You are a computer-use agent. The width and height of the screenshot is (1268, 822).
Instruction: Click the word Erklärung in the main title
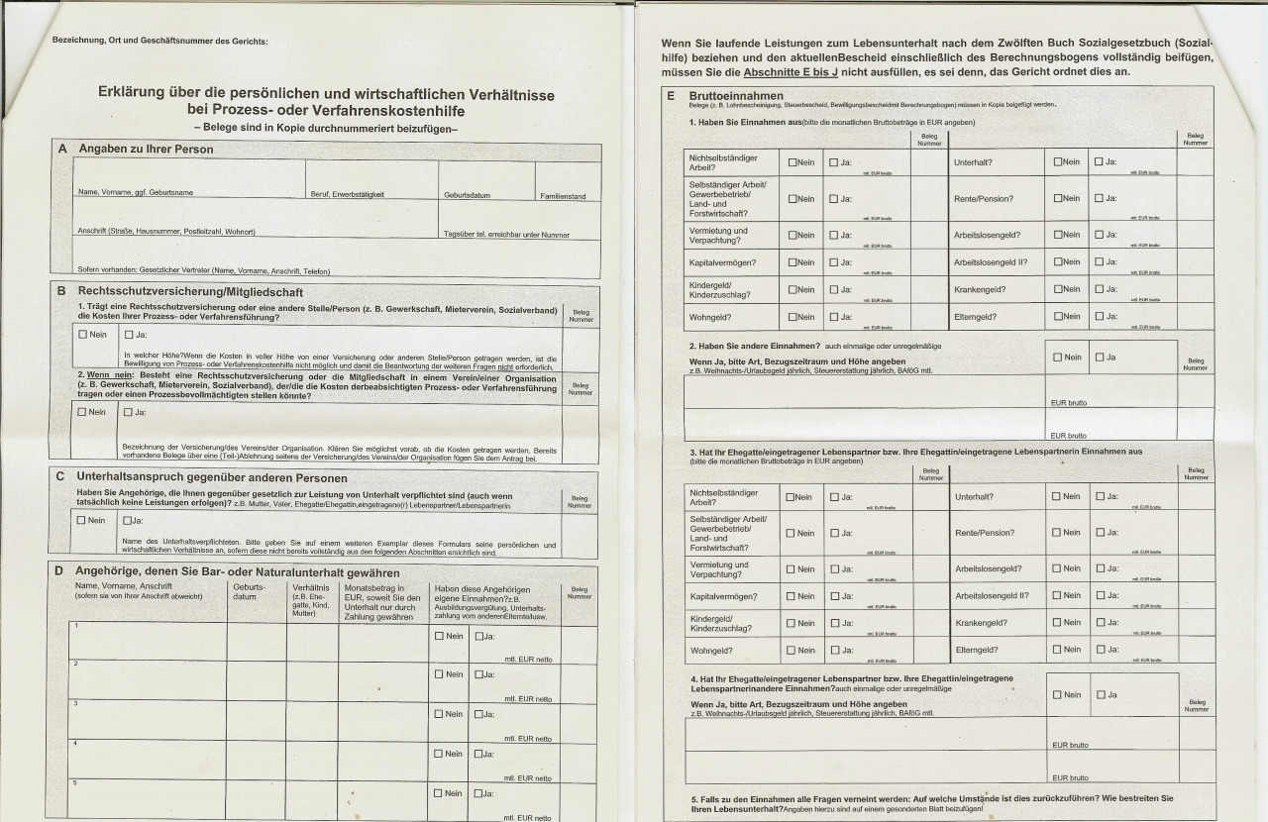136,93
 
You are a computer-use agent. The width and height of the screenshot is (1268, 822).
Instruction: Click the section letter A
62,149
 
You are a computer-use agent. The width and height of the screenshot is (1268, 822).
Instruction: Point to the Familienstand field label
563,196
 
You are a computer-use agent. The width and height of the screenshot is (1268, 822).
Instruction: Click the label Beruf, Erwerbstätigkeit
347,195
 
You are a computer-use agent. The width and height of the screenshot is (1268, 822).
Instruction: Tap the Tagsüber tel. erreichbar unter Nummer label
507,235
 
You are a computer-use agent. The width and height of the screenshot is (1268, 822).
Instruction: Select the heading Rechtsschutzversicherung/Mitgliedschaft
190,292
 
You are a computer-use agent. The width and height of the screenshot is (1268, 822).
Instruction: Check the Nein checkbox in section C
83,520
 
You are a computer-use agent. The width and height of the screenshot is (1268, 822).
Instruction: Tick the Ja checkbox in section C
128,520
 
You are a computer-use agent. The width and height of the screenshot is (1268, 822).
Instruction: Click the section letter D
58,571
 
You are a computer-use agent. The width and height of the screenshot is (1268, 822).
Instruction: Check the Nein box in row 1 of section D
439,636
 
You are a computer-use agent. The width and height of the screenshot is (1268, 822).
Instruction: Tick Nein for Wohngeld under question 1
793,317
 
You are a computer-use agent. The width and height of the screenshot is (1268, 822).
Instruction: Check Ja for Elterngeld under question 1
1099,317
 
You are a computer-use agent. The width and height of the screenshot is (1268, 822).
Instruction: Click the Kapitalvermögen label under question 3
722,596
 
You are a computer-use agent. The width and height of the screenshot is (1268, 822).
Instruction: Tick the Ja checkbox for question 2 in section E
1099,357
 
